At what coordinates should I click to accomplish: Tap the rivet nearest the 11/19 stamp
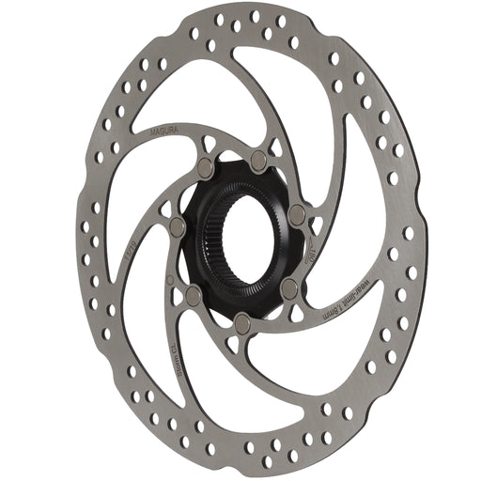[x=176, y=225]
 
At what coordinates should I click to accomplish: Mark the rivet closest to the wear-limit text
[x=288, y=285]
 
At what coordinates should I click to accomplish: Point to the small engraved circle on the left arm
[x=168, y=278]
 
